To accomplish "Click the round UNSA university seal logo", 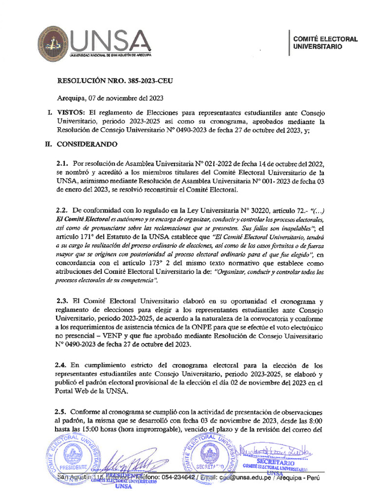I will point(55,45).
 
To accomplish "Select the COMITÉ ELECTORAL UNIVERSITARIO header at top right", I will point(325,42).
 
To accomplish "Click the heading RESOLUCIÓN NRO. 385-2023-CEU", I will point(115,81).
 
